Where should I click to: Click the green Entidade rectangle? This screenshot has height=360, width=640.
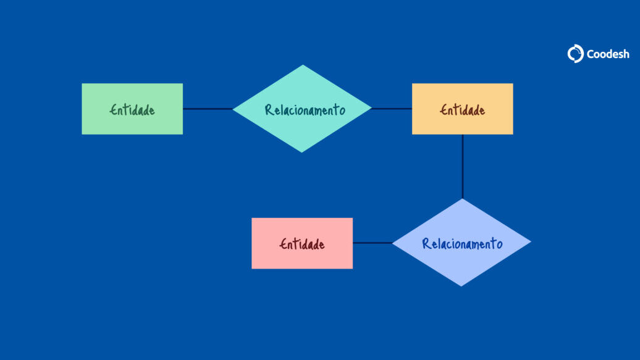(132, 109)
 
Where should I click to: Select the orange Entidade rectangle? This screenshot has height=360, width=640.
(463, 109)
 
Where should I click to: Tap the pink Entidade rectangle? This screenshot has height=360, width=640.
(302, 243)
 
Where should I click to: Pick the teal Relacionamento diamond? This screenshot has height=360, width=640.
(302, 109)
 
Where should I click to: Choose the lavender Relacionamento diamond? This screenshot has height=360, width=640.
(461, 243)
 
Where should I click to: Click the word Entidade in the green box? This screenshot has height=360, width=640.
(132, 110)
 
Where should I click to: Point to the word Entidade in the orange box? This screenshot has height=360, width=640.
(463, 110)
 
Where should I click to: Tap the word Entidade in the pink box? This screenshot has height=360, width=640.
(302, 244)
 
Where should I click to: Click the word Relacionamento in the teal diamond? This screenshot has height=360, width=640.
(305, 110)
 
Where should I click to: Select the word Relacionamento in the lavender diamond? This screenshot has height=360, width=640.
(462, 244)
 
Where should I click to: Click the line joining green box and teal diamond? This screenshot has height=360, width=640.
(208, 109)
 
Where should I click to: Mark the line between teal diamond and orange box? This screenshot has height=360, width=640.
(392, 109)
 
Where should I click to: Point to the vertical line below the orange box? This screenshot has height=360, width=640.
(463, 167)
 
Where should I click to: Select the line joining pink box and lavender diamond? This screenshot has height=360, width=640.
(373, 243)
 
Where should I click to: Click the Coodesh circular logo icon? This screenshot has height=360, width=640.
(576, 54)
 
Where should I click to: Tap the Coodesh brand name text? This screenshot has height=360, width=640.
(608, 54)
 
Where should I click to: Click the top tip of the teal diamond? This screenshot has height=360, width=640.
(303, 64)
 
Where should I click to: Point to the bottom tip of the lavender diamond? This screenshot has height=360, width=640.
(461, 287)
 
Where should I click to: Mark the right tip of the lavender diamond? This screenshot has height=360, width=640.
(531, 242)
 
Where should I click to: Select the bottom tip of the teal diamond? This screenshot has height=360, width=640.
(301, 153)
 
